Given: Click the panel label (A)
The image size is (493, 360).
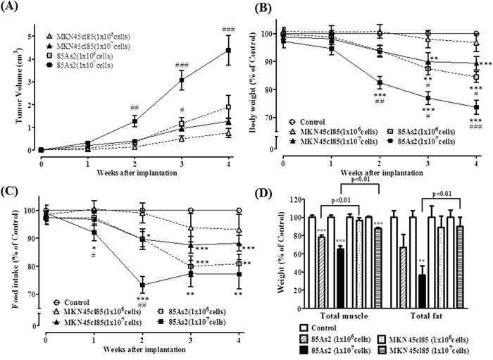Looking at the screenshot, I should [x=15, y=8].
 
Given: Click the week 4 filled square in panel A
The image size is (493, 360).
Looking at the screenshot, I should [x=227, y=50].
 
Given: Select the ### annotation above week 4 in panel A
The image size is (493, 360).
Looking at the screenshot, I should [x=227, y=29].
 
